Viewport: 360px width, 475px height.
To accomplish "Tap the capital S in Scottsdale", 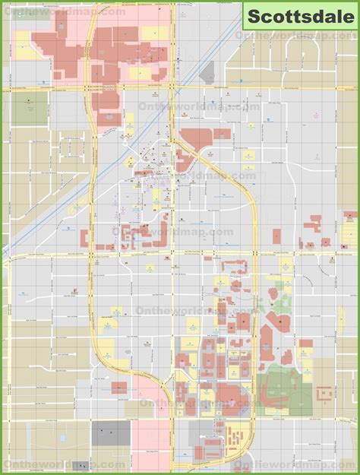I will tap(253, 14).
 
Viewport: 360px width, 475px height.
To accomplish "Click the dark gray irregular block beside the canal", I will tap(207, 72).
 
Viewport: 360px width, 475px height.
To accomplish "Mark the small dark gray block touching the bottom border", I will tap(81, 465).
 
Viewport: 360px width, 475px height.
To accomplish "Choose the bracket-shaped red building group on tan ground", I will tap(325, 394).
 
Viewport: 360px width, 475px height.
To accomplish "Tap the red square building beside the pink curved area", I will tap(119, 388).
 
